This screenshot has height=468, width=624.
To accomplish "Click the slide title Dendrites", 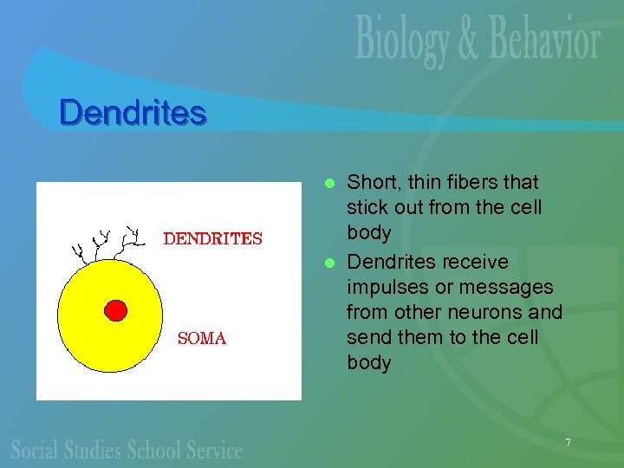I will pyautogui.click(x=133, y=113).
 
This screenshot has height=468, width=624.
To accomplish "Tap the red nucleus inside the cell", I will pyautogui.click(x=115, y=309).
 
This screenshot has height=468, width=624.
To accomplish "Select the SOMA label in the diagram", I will pyautogui.click(x=201, y=339).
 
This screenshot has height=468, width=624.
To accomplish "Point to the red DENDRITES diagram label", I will pyautogui.click(x=213, y=238).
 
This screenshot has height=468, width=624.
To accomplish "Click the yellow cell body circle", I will pyautogui.click(x=95, y=347).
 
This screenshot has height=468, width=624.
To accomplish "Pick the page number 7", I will pyautogui.click(x=568, y=443).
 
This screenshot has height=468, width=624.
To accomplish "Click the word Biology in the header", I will pyautogui.click(x=402, y=41).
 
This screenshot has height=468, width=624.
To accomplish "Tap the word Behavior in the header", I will pyautogui.click(x=544, y=41).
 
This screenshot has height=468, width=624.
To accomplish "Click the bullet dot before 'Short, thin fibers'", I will pyautogui.click(x=329, y=184).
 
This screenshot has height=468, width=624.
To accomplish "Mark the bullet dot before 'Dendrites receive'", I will pyautogui.click(x=329, y=263).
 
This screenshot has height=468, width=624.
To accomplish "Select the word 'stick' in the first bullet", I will pyautogui.click(x=367, y=208).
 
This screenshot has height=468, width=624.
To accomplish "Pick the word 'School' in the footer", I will pyautogui.click(x=155, y=449).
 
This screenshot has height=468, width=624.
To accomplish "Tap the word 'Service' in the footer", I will pyautogui.click(x=214, y=449).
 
